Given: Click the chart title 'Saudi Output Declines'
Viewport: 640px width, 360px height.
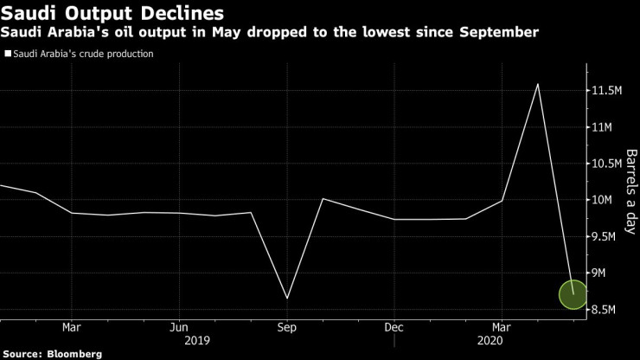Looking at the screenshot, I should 113,14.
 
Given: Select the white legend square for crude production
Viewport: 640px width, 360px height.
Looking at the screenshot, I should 8,54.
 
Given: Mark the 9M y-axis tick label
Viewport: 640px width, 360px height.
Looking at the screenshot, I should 599,273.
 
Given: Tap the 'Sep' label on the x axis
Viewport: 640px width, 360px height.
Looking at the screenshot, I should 287,327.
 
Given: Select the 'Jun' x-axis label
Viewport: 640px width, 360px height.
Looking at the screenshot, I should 179,327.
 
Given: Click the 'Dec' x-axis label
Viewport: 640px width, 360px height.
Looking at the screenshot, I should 394,327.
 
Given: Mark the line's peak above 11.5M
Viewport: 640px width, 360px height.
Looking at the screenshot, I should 538,84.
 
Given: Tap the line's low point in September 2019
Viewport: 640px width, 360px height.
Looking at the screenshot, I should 287,299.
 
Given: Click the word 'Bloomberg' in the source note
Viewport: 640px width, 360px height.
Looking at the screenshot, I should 74,354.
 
